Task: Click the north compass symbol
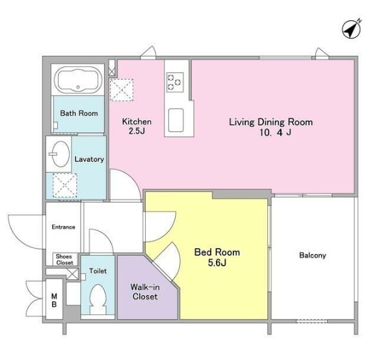click(352, 29)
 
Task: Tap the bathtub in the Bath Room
click(78, 79)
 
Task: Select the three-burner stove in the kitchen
click(175, 82)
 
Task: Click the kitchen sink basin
click(176, 120)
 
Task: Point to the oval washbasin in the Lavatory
click(60, 154)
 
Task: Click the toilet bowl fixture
click(98, 299)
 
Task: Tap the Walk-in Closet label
click(145, 292)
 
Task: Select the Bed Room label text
click(217, 253)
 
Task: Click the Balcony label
click(313, 255)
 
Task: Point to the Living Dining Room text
click(271, 122)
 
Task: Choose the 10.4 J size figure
click(275, 133)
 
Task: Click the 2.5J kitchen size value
click(137, 131)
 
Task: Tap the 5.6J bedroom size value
click(217, 262)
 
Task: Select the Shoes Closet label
click(64, 259)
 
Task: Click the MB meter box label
click(54, 300)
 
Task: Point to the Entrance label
click(64, 227)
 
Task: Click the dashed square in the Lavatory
click(64, 186)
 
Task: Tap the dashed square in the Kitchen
click(122, 90)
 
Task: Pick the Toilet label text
click(98, 271)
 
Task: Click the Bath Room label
click(79, 113)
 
